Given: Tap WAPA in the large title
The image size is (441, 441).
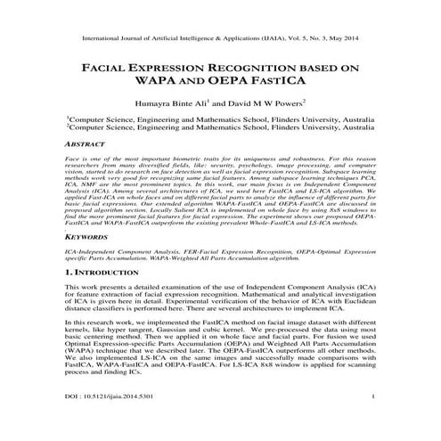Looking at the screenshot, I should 155,84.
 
